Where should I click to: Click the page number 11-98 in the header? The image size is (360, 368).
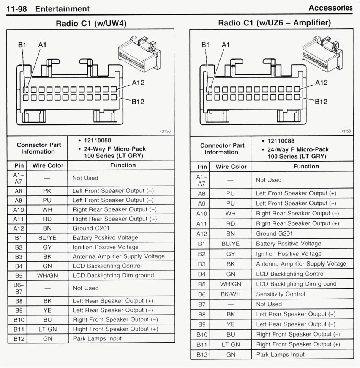(17, 9)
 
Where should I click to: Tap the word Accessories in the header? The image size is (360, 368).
(330, 8)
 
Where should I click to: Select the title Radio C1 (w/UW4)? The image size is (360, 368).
(91, 24)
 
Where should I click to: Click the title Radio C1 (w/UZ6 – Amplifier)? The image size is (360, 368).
(274, 23)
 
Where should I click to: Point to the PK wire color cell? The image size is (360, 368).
(47, 191)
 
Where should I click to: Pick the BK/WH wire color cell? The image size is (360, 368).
(231, 294)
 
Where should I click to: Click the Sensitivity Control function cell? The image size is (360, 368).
(280, 294)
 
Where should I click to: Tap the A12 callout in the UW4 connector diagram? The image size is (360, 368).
(138, 83)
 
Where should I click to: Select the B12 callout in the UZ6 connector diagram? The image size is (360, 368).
(321, 102)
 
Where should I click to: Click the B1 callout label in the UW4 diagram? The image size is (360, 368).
(22, 45)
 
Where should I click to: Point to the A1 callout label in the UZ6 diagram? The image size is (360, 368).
(226, 45)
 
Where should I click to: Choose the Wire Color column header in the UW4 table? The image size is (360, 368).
(48, 165)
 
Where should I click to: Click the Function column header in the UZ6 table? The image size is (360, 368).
(306, 167)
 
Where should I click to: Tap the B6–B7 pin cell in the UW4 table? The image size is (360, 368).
(19, 288)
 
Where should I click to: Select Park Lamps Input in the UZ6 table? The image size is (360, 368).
(280, 354)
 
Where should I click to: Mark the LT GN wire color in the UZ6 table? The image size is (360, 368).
(231, 344)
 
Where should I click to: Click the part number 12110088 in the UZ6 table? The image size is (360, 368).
(283, 141)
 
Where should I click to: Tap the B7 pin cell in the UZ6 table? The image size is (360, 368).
(202, 304)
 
